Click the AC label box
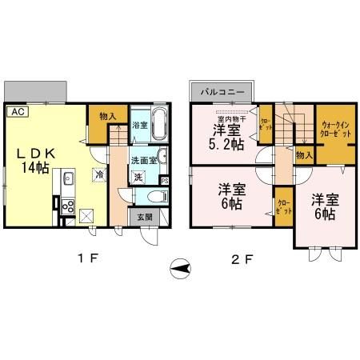point(18,112)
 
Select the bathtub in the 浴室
point(158,126)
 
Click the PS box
point(165,181)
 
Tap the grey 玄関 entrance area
point(144,216)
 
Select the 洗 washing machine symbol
point(138,177)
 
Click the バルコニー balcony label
point(222,91)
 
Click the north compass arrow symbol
point(182,269)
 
